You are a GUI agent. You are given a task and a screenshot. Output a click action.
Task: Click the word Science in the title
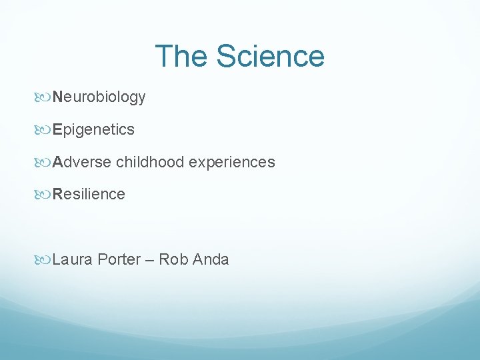click(269, 57)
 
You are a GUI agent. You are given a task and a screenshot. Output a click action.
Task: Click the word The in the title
click(181, 57)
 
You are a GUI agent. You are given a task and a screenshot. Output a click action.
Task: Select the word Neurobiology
click(99, 97)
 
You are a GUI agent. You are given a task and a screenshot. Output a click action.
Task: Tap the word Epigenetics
click(94, 129)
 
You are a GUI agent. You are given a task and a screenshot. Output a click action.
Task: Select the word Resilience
click(89, 194)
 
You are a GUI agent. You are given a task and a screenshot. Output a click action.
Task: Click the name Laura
click(73, 259)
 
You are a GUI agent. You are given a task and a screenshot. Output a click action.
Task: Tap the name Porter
click(119, 259)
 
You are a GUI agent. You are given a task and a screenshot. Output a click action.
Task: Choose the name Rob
click(174, 259)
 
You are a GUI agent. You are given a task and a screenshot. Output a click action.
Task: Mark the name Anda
click(211, 259)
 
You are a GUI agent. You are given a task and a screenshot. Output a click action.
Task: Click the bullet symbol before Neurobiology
click(45, 98)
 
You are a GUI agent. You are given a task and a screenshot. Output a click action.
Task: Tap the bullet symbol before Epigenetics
click(45, 130)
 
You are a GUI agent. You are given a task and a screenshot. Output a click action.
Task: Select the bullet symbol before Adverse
click(45, 163)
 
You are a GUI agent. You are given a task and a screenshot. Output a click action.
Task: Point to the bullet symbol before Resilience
click(45, 195)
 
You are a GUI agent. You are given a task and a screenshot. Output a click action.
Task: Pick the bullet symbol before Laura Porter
click(45, 260)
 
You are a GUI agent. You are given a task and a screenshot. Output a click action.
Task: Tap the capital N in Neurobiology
click(58, 97)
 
